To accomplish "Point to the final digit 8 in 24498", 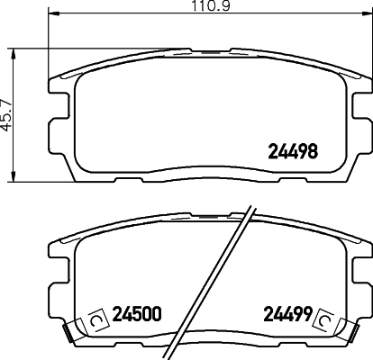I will (x=315, y=153).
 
